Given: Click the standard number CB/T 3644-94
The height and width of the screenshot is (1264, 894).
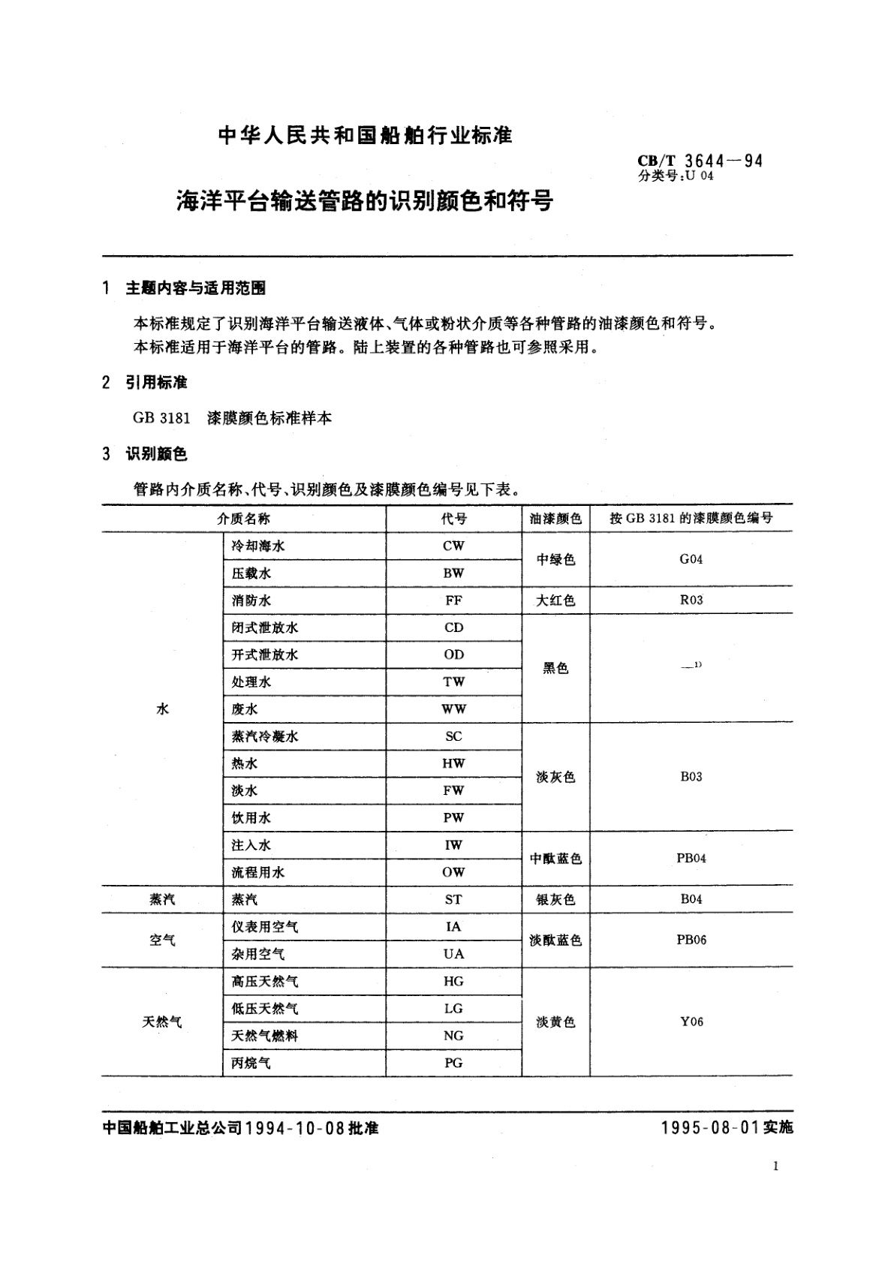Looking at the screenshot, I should pos(700,160).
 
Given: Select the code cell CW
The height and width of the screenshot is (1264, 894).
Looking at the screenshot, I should pos(453,546).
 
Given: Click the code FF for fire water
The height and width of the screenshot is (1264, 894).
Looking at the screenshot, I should pos(453,600).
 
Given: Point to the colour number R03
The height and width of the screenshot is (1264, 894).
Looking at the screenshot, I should pos(691,600).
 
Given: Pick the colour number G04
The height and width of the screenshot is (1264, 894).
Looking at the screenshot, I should pos(691,559).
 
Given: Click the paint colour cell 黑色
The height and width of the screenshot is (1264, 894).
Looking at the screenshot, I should pos(555,668).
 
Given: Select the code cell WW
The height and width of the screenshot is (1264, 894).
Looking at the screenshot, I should pos(453,709).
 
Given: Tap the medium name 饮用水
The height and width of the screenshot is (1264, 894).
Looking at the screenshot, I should pos(251,818).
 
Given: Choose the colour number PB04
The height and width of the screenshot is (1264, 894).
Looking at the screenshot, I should pos(691,858).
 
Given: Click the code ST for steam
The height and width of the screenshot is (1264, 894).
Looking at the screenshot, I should pos(453,899).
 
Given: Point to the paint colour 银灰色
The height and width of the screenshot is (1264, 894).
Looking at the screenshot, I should pos(555,899).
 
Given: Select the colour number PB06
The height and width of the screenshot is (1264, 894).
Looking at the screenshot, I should pos(691,940).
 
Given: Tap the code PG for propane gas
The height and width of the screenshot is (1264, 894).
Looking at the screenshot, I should pos(453,1063).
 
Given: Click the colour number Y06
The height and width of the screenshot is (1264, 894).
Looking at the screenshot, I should pos(691,1022).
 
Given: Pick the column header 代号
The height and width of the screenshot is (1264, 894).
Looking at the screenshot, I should pos(453,519).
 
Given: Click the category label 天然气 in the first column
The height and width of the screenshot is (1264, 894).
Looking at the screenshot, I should pos(162,1022).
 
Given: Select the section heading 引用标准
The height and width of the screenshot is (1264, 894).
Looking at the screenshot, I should pos(156,382).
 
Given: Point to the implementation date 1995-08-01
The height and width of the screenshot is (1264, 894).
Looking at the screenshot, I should pos(711,1127).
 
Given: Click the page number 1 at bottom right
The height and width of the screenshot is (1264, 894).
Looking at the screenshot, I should pos(775,1166).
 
